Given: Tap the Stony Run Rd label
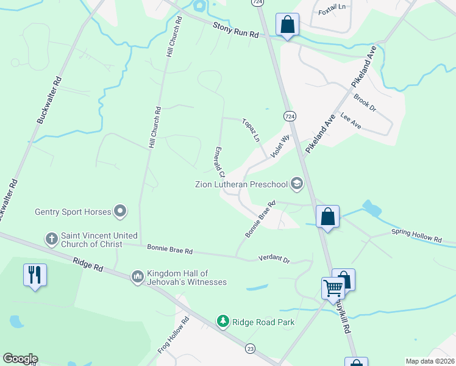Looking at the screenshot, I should coord(236,30).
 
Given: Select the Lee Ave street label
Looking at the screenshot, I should coord(351,121).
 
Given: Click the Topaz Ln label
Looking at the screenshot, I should coord(251,129).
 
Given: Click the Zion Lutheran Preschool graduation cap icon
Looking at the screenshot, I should coord(297,184).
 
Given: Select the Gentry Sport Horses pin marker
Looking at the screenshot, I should coord(120,212).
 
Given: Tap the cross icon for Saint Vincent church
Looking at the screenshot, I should coord(52,237).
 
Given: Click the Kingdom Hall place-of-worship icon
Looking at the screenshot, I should coord(137,277).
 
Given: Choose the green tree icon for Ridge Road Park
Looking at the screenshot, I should coord(224,321).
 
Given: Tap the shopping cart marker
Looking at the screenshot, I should coord(333,287).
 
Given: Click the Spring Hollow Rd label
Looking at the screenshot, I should coord(416,237).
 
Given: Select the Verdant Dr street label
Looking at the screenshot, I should coord(273,259).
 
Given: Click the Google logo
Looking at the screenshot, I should coord(20,359).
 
